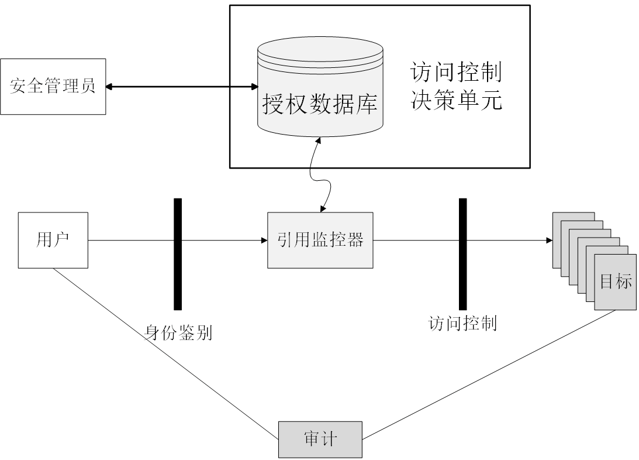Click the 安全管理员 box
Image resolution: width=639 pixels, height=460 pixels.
tap(53, 87)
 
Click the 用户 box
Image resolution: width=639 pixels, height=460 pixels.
tap(53, 241)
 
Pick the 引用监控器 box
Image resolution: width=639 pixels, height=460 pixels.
tap(320, 240)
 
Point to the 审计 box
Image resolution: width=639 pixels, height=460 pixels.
tap(320, 439)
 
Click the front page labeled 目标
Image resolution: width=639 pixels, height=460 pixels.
tap(616, 282)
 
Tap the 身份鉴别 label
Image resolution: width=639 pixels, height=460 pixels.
tap(178, 332)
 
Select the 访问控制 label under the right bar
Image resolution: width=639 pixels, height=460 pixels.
tap(462, 322)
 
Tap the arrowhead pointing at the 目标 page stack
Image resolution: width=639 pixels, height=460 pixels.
tap(548, 240)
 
